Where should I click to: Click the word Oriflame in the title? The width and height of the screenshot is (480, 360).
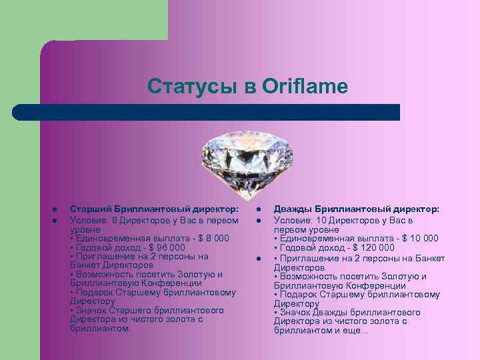click(x=305, y=87)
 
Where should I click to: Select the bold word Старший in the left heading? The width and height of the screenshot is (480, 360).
click(x=89, y=210)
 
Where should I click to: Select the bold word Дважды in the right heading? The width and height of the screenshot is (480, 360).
click(x=293, y=210)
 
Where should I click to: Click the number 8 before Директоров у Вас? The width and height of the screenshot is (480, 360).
click(x=115, y=220)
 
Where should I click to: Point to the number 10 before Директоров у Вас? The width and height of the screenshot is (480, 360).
click(x=321, y=220)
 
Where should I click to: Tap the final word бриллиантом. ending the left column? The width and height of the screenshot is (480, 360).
click(x=101, y=328)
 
